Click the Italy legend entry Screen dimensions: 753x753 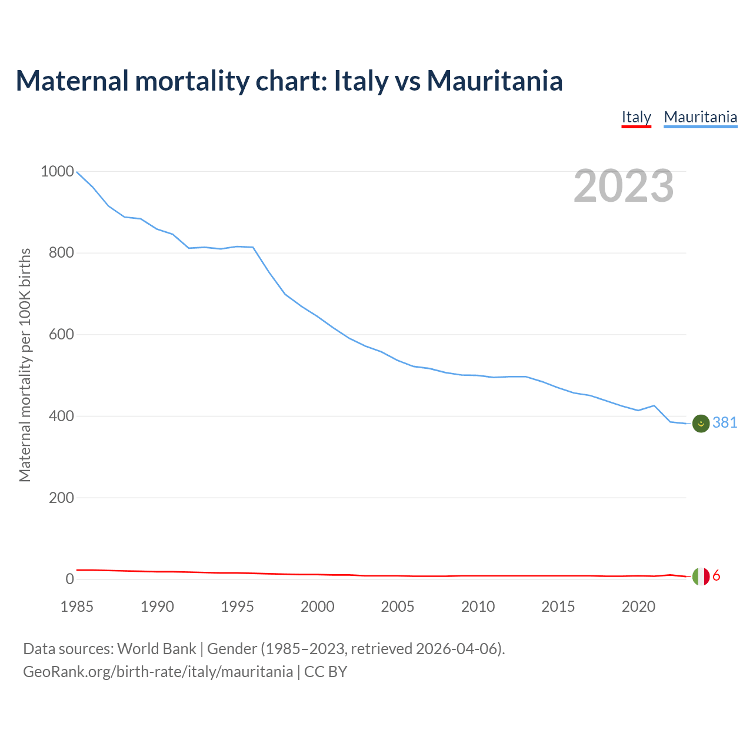coord(636,117)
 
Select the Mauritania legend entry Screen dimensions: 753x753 coord(700,117)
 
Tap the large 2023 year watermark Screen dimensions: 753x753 coord(624,186)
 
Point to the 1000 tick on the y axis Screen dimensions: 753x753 coord(58,172)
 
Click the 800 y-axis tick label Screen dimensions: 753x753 coord(61,253)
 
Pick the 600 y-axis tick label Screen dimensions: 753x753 coord(61,335)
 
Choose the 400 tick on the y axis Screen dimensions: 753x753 coord(61,416)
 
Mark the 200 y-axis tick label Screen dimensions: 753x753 coord(61,498)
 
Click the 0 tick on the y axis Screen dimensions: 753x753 coord(70,579)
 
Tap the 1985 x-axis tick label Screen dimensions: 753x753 coord(77,607)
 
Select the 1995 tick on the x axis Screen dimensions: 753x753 coord(237,607)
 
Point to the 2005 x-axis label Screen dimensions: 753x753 coord(398,607)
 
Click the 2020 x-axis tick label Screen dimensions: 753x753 coord(638,607)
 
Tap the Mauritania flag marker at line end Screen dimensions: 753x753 coord(701,423)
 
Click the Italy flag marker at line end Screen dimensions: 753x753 coord(701,577)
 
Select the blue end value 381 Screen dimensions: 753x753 coord(725,423)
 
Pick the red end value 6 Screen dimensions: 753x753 coord(716,576)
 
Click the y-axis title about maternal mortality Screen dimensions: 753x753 coord(25,365)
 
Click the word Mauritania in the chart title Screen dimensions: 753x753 coord(495,81)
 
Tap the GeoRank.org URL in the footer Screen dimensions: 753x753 coord(158,672)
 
